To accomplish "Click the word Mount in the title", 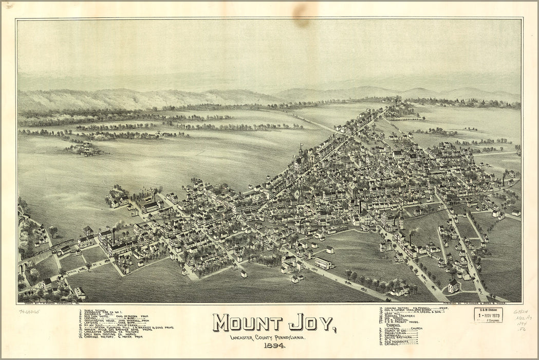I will [248, 322].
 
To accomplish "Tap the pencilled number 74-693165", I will [29, 311].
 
